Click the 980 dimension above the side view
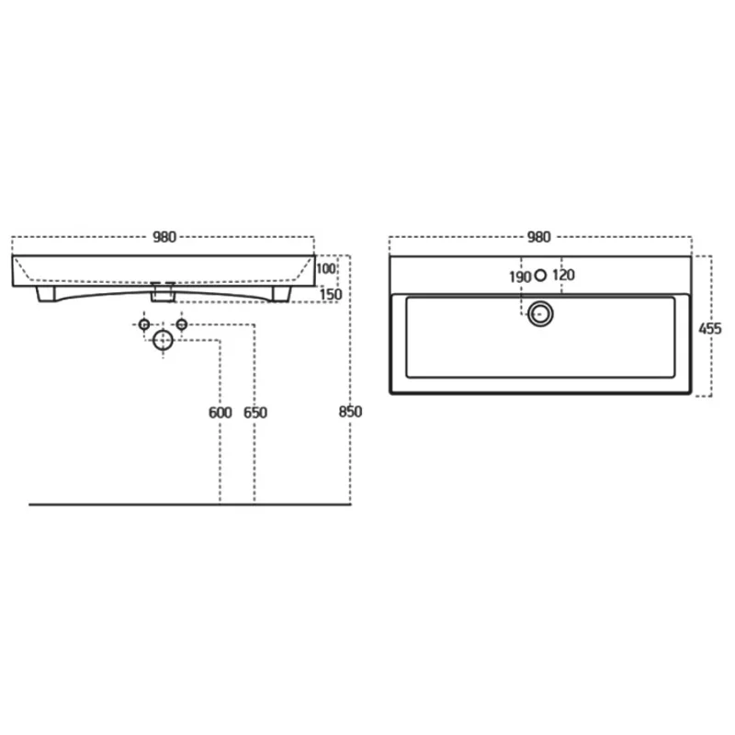164,237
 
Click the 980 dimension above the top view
539,237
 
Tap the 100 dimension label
326,268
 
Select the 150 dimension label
331,295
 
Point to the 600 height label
220,413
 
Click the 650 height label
255,413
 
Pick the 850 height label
351,412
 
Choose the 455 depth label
710,329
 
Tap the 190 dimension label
520,277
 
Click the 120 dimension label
563,275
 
